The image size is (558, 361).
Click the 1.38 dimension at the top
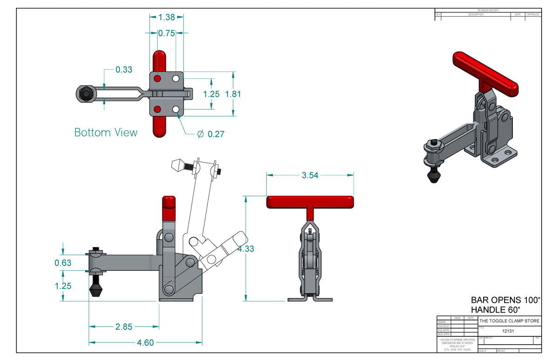pos(166,17)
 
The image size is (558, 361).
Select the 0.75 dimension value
pos(166,33)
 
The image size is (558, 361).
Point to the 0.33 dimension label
pos(124,70)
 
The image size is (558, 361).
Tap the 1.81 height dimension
pos(233,94)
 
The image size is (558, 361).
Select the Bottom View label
pos(106,133)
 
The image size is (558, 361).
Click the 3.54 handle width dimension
pos(310,175)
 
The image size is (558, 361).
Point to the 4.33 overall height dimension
pos(246,249)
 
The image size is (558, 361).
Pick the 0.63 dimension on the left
pos(63,263)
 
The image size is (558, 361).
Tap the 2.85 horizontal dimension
pos(124,327)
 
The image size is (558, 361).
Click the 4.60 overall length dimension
pos(145,343)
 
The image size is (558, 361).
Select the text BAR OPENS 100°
pos(505,300)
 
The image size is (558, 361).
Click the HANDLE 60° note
pos(495,309)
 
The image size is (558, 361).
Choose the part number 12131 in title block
pos(509,331)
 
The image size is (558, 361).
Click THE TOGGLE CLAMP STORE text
pos(510,321)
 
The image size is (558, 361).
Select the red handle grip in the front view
pos(310,202)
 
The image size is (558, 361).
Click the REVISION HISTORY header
pos(488,10)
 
